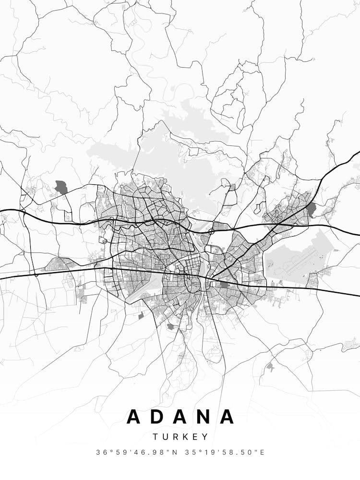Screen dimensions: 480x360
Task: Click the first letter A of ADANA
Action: [x=134, y=416]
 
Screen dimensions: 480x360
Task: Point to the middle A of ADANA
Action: [x=180, y=416]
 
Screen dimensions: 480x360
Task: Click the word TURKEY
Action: [x=180, y=437]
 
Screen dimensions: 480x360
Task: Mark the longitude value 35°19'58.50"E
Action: [x=224, y=452]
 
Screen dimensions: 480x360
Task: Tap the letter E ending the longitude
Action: [x=263, y=452]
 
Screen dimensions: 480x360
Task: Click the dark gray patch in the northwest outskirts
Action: [x=61, y=187]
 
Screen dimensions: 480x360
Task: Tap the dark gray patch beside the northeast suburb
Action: [x=312, y=209]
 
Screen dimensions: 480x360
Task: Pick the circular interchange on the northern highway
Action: [x=211, y=232]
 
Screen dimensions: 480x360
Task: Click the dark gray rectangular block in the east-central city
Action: [x=224, y=285]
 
